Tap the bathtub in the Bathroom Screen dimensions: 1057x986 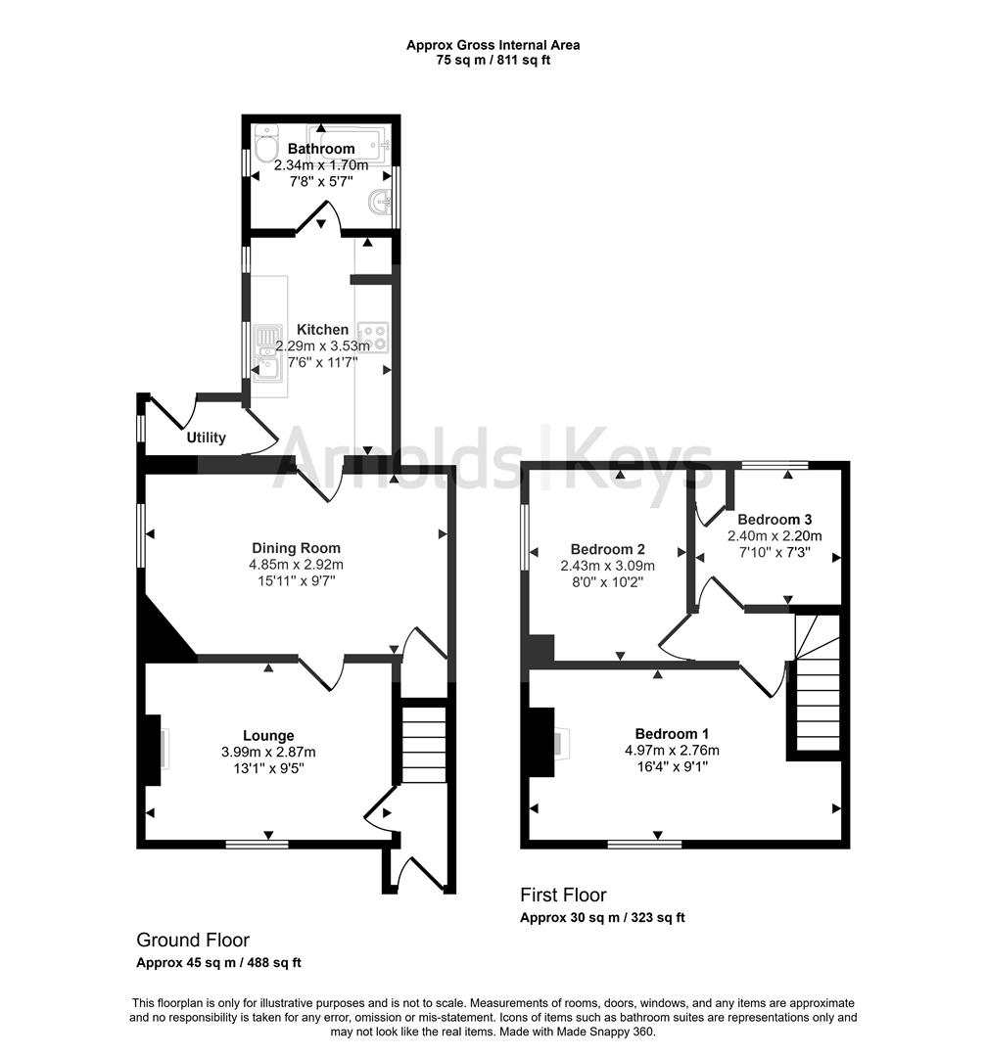[349, 143]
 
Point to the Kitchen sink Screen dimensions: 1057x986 [267, 353]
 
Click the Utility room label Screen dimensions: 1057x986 [206, 437]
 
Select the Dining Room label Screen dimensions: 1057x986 [296, 548]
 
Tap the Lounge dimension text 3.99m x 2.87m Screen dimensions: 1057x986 [268, 752]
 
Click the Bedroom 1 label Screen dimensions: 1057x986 [672, 734]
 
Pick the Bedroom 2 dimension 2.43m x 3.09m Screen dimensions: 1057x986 [607, 566]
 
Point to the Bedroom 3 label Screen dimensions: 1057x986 [775, 519]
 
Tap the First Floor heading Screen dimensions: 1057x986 [563, 895]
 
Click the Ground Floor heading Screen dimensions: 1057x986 [192, 940]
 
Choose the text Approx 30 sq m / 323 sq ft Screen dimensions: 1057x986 [601, 918]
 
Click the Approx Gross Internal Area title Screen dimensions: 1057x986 [493, 45]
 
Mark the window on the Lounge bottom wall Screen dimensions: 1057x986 [257, 843]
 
